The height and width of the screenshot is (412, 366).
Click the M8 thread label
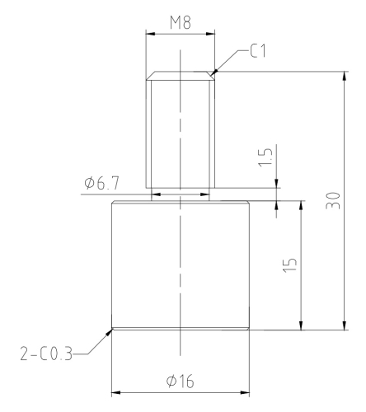point(181,22)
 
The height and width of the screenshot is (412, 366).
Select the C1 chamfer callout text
point(258,51)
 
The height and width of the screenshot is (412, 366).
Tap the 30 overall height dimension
point(333,201)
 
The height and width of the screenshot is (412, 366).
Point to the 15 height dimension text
point(290,265)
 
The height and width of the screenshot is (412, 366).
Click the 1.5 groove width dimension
point(265,157)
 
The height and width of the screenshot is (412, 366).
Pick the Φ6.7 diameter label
point(102,183)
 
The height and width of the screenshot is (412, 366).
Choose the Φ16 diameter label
point(180,381)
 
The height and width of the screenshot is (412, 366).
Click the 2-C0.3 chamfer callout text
point(46,353)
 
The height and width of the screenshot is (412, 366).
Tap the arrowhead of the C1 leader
point(213,73)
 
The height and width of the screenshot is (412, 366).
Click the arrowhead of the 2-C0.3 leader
point(110,332)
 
